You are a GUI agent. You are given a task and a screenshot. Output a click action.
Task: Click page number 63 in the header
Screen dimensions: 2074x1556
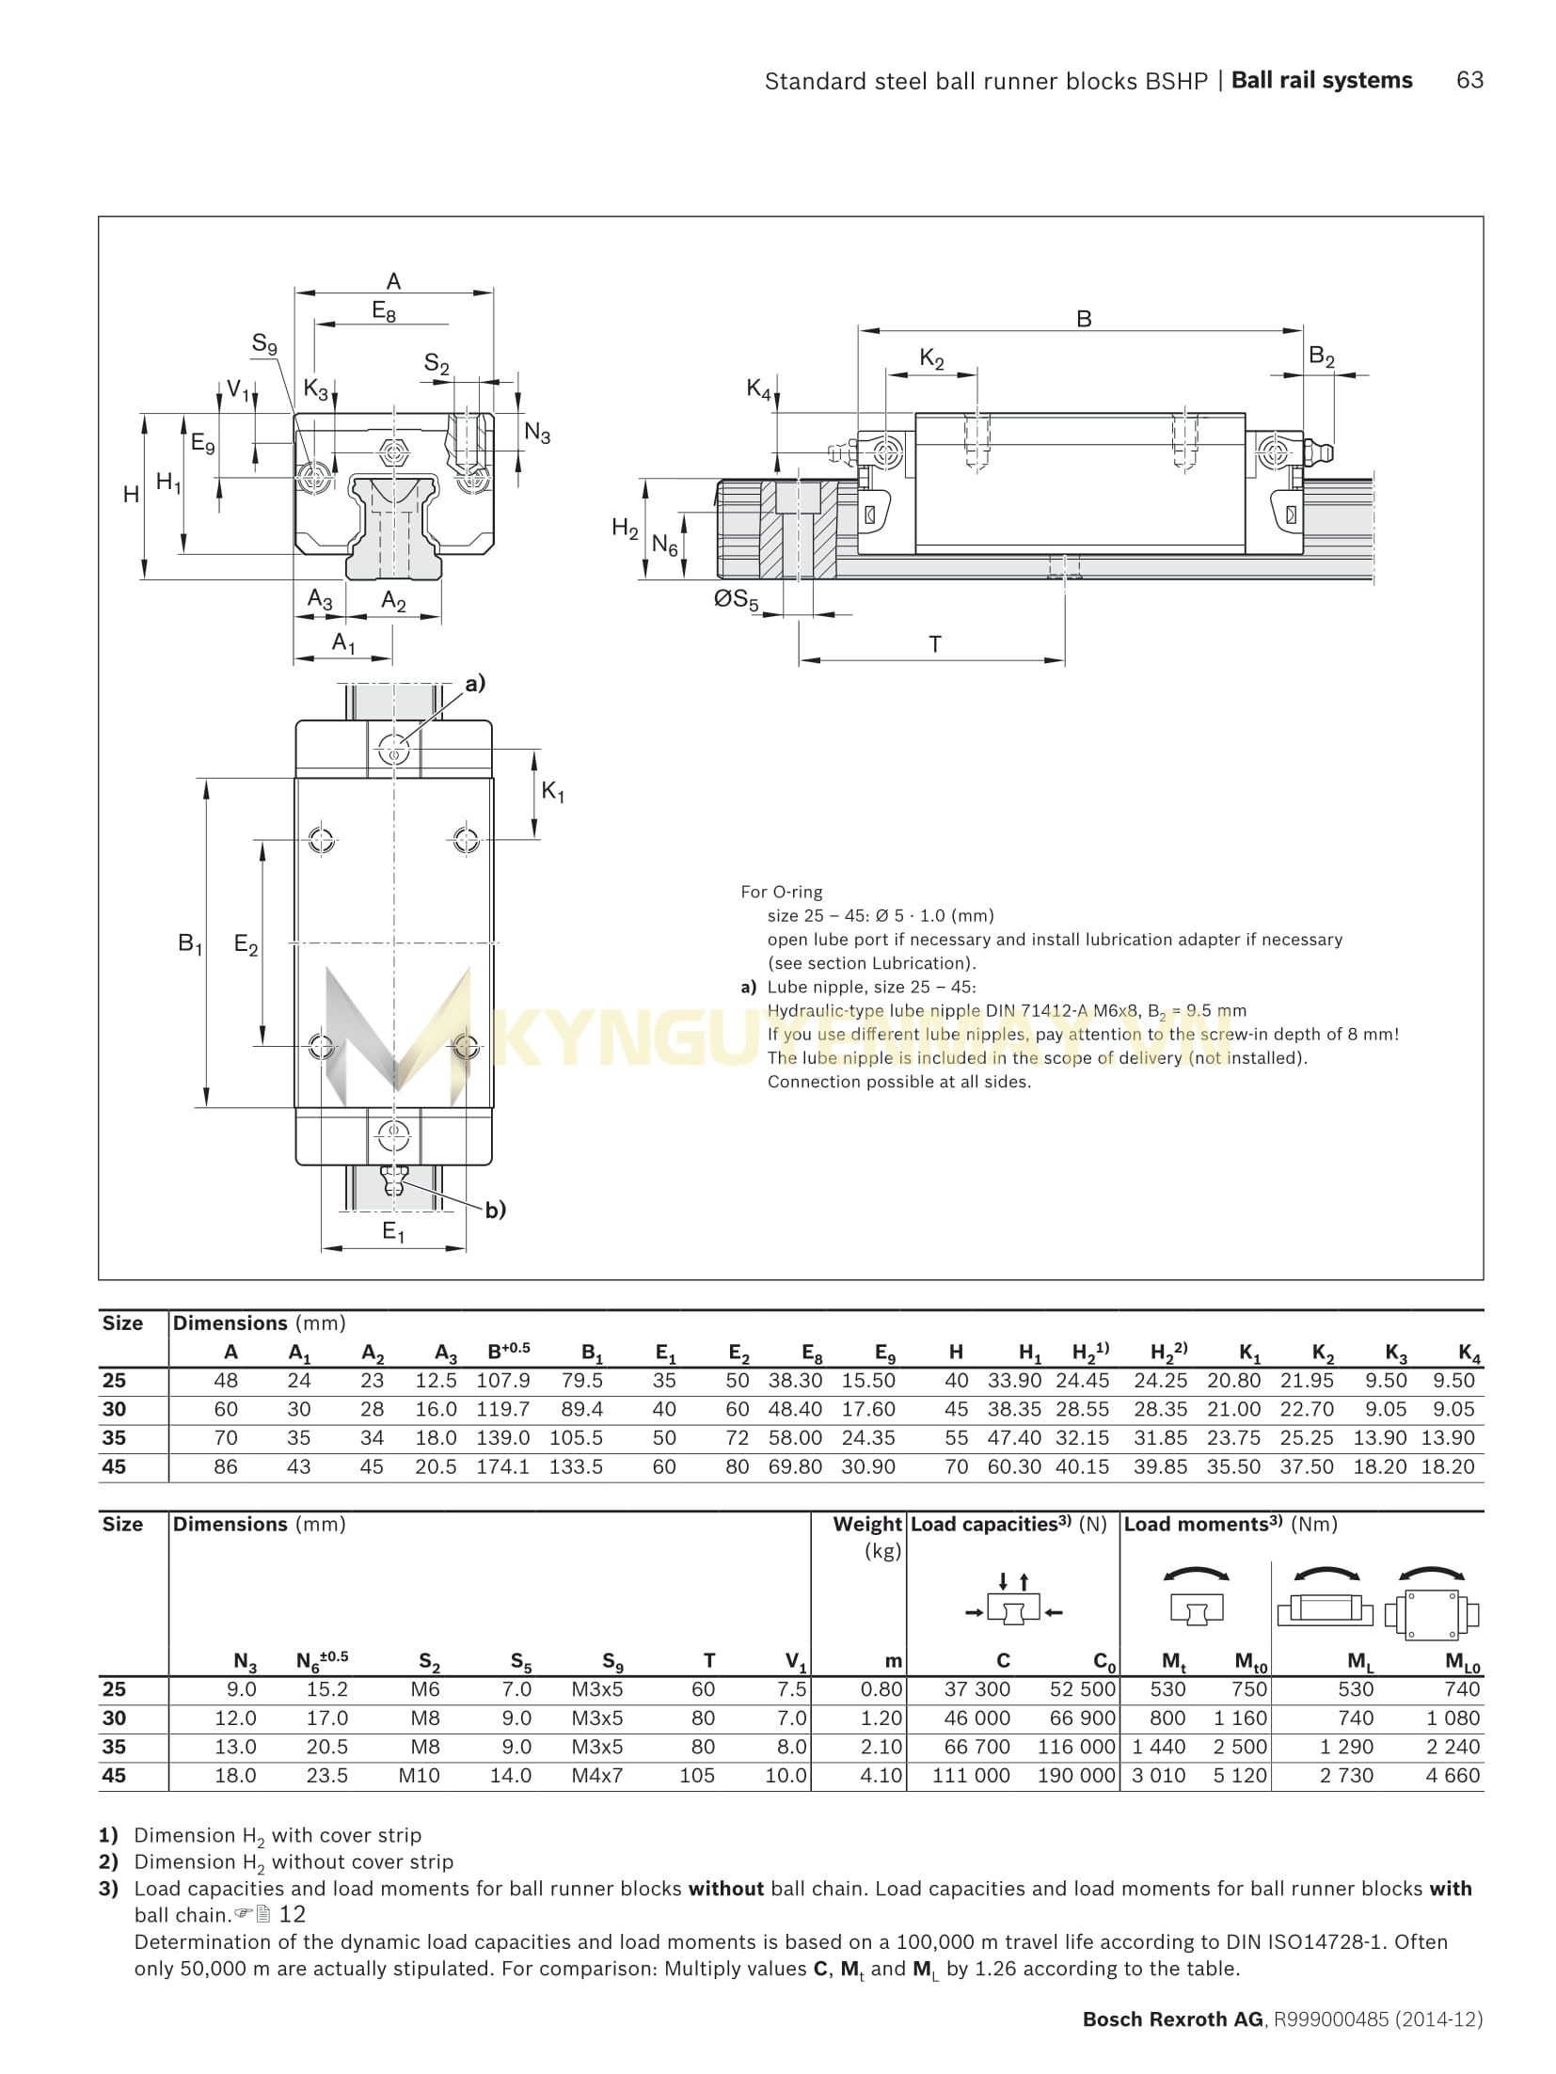point(1469,81)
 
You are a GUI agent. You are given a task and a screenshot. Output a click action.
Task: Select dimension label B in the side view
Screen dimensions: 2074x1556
point(1083,319)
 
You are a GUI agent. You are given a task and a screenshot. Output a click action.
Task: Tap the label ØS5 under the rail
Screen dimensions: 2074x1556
point(736,600)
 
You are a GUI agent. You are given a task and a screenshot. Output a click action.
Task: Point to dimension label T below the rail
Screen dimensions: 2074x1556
point(934,645)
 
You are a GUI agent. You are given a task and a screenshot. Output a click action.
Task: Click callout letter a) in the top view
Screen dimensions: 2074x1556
point(474,684)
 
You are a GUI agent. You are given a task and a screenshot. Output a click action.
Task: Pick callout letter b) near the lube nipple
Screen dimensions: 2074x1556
point(495,1211)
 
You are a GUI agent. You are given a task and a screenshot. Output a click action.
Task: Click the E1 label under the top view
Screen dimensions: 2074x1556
point(392,1231)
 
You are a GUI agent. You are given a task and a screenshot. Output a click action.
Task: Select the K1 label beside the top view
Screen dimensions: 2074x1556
point(553,793)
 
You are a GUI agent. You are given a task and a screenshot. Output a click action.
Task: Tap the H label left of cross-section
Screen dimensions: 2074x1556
point(131,495)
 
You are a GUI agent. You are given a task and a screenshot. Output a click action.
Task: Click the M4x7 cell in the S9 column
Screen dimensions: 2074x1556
point(597,1776)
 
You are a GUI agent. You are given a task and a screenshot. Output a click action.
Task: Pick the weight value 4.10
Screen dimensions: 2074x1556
point(881,1776)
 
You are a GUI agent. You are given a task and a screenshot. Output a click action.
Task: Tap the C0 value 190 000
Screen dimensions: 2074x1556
point(1076,1776)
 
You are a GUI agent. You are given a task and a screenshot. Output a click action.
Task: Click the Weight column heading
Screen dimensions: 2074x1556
point(866,1525)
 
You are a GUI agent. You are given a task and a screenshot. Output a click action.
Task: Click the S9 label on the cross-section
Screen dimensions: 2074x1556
point(264,344)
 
